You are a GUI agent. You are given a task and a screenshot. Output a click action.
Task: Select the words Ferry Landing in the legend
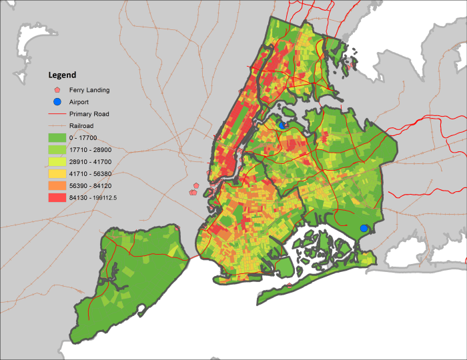[89, 90]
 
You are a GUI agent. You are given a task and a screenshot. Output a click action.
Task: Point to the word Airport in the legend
[80, 102]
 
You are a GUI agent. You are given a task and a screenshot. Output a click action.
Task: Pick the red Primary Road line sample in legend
[57, 114]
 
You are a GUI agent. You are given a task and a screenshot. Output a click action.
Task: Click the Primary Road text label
[89, 114]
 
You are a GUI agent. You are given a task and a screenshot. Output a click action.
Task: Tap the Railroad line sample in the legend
[57, 125]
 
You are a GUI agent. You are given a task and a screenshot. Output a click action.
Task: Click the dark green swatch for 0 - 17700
[57, 138]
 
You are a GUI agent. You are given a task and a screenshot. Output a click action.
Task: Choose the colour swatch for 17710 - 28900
[57, 150]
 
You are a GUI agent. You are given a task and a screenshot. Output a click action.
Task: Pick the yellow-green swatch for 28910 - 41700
[57, 162]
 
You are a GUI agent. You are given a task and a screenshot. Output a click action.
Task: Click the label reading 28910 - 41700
[90, 162]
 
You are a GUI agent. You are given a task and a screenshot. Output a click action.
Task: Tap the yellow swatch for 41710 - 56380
[57, 174]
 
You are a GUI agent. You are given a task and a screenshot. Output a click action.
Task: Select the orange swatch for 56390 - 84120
[57, 186]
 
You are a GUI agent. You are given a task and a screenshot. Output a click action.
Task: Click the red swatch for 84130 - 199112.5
[57, 198]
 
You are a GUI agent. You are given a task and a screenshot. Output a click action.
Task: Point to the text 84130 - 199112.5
[93, 198]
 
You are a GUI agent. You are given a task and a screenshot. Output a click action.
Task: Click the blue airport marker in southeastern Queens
[364, 229]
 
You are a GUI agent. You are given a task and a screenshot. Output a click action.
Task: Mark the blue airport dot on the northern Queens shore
[282, 125]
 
